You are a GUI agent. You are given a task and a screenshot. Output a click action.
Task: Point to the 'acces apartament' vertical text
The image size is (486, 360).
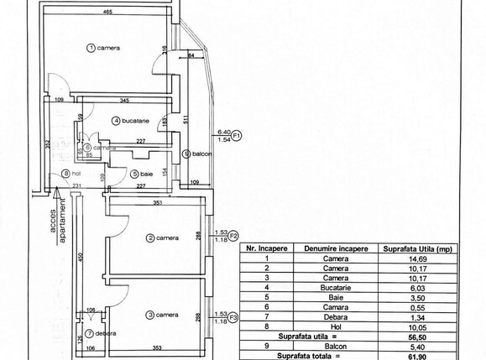[x=56, y=225]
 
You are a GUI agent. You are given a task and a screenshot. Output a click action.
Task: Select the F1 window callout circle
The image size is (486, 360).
[x=237, y=135]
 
